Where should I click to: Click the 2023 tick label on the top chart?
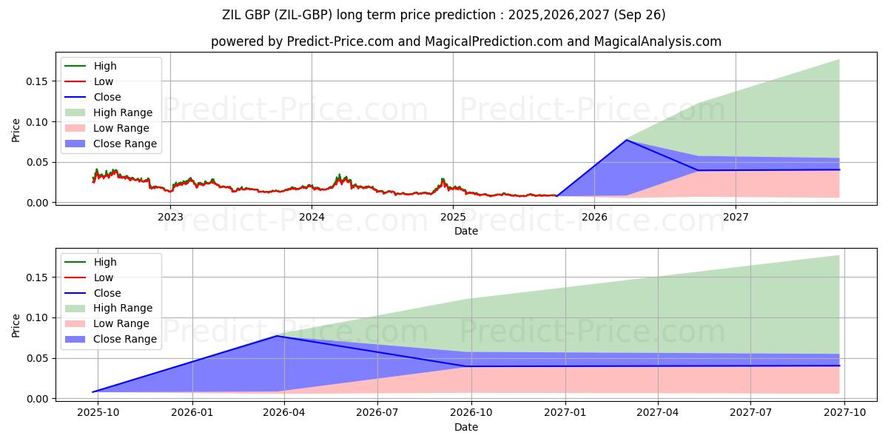170,217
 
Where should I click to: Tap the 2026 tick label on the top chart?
594,217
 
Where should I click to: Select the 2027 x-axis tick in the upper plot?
736,217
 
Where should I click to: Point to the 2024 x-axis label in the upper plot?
312,217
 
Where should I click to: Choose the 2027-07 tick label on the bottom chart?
751,413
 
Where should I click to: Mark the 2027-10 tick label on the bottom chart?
844,413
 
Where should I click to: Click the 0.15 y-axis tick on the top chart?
37,81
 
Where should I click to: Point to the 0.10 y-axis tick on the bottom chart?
37,318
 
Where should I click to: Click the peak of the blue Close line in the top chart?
626,140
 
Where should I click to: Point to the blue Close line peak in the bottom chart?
277,336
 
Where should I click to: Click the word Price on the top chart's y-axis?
16,130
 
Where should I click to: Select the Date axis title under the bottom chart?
466,427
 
